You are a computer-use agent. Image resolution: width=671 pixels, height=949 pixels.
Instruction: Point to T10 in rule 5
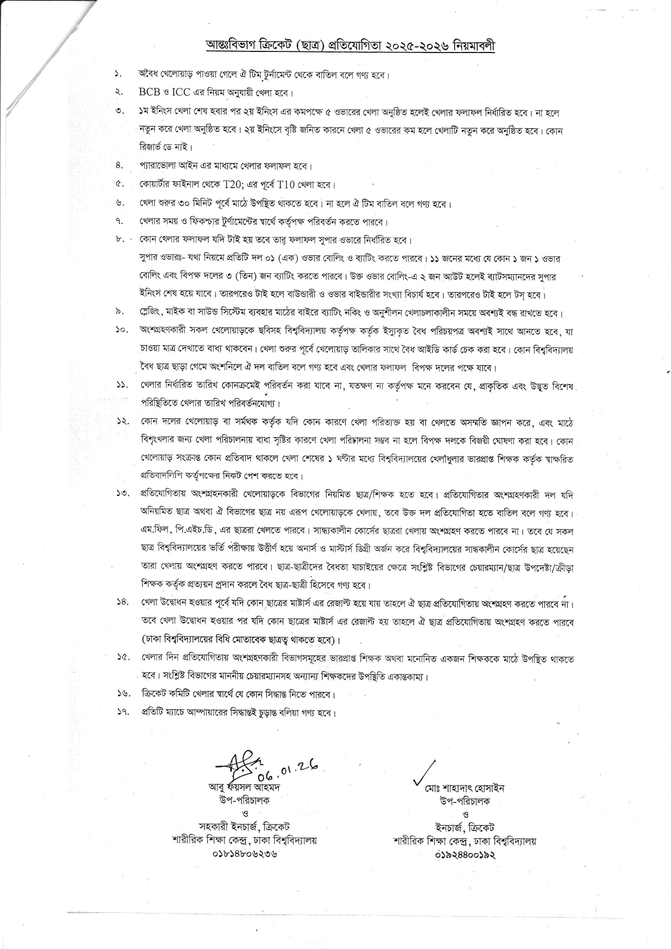[286, 184]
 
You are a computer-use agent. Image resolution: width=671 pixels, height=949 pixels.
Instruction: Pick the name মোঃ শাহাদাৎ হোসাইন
[464, 788]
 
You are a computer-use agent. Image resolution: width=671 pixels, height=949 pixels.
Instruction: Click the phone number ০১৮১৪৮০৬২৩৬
[244, 854]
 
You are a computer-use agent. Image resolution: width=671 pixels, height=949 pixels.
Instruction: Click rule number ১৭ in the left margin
[121, 712]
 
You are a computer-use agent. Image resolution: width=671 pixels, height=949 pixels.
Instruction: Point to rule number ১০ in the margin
[121, 330]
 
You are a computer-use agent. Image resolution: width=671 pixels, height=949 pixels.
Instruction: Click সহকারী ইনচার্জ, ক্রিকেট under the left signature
[244, 827]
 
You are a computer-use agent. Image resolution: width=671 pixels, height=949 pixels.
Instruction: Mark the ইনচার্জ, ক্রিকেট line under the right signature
[465, 828]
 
